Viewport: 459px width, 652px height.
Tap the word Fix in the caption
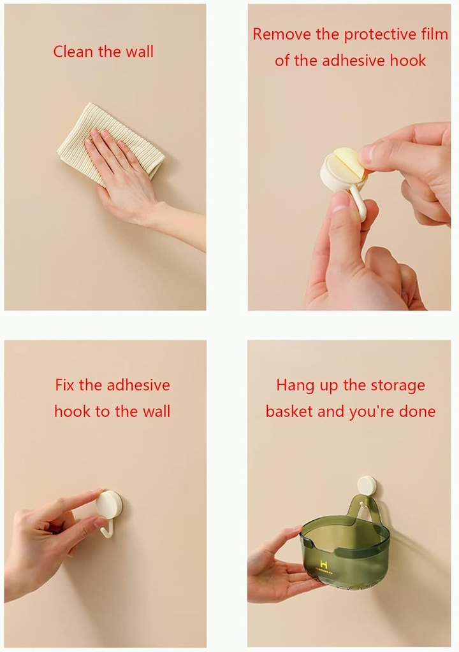pyautogui.click(x=64, y=385)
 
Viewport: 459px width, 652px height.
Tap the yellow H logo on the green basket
pyautogui.click(x=324, y=564)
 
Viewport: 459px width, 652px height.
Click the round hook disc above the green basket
pyautogui.click(x=367, y=486)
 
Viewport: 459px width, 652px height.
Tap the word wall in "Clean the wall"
pyautogui.click(x=140, y=52)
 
